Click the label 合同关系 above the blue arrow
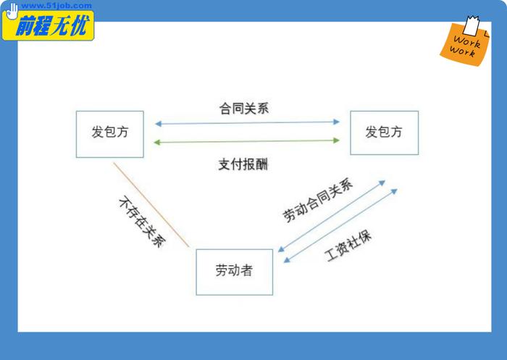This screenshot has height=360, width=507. coord(244,109)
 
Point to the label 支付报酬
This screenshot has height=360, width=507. coord(243,164)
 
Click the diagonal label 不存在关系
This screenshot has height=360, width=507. coord(142,222)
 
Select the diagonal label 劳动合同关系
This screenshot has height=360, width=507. coord(318,200)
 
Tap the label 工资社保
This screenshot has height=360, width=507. coord(348,246)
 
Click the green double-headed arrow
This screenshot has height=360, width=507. coord(247,141)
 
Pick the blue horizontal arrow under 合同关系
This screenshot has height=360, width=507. coord(248,122)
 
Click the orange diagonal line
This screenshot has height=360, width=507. coord(151,205)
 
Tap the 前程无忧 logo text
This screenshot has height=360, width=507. coord(51,25)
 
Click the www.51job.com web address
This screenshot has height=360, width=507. coord(56,6)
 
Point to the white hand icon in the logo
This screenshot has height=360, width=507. coord(12,12)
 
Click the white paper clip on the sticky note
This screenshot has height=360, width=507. coord(471,25)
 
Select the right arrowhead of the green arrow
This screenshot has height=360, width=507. coord(336,141)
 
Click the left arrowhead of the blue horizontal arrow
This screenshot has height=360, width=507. coord(159,124)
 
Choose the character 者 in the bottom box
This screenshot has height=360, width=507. coord(246,270)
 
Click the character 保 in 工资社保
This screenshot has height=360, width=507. coord(365,237)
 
